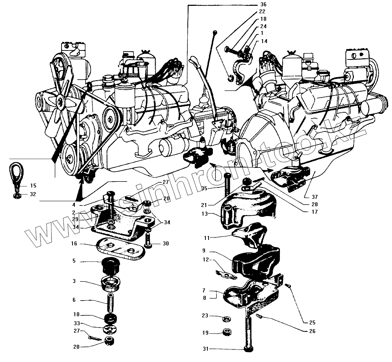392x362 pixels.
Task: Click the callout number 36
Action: [262, 4]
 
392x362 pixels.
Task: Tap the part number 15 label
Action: [33, 186]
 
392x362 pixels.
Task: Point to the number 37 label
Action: [315, 197]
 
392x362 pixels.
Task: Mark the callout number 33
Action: [77, 323]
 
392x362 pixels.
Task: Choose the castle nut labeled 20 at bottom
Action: [109, 341]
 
